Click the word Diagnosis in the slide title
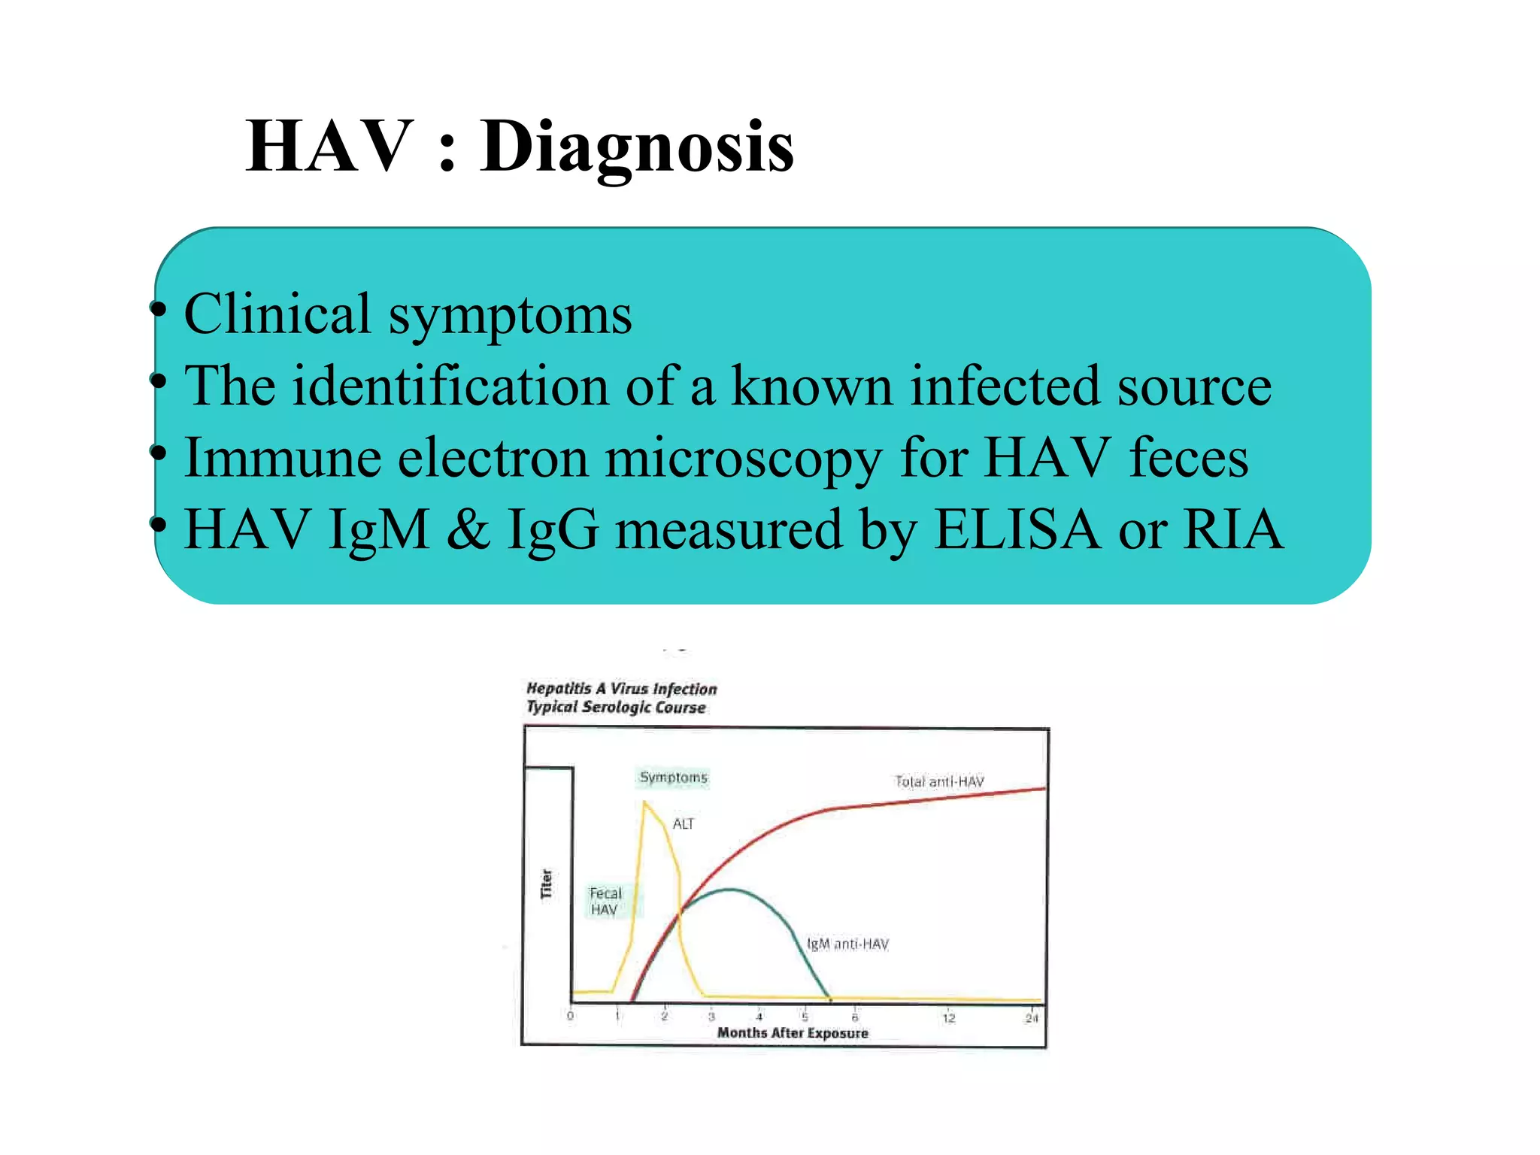[x=637, y=147]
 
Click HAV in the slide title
[x=329, y=147]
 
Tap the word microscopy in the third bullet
[x=743, y=457]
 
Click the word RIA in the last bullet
[x=1233, y=529]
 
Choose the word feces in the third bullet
[x=1188, y=457]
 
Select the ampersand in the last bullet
[x=468, y=529]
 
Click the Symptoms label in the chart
[x=673, y=777]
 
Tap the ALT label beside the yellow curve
[x=683, y=824]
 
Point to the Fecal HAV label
[x=605, y=901]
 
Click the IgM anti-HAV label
[x=847, y=944]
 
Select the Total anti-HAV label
[x=939, y=782]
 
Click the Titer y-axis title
[x=547, y=884]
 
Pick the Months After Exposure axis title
[x=793, y=1033]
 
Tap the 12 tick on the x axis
[x=949, y=1018]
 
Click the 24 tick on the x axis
[x=1031, y=1018]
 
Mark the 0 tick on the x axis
[x=570, y=1017]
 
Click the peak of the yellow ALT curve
[x=645, y=803]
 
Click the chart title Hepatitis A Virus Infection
[x=621, y=689]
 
